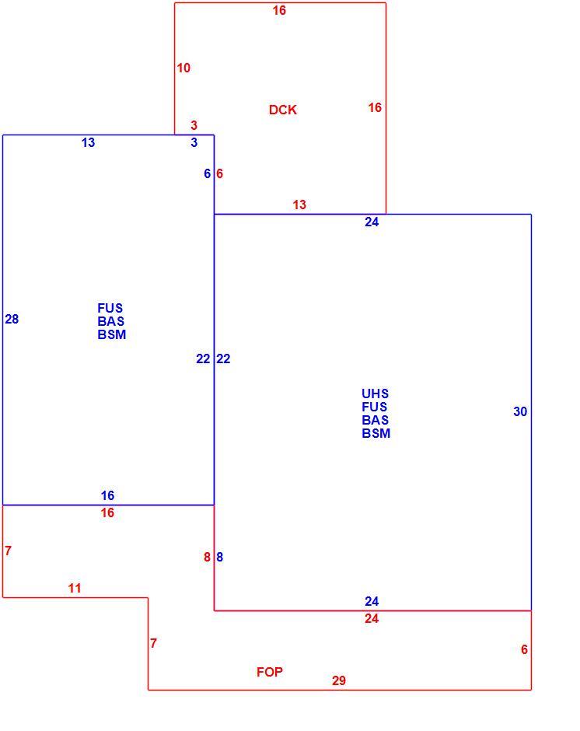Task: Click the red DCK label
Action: click(x=282, y=110)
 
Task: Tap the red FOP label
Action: click(x=270, y=672)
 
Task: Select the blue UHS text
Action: click(x=375, y=393)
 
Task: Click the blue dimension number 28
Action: click(x=12, y=319)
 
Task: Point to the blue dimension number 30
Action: click(x=520, y=411)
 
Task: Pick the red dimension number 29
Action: click(x=339, y=680)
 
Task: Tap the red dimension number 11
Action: click(x=75, y=589)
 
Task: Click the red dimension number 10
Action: click(x=183, y=68)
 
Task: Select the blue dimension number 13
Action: click(x=88, y=142)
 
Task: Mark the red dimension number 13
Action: click(x=299, y=205)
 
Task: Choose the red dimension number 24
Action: click(x=372, y=619)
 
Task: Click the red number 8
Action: click(x=207, y=557)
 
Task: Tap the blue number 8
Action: click(x=219, y=557)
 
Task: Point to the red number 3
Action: click(x=194, y=125)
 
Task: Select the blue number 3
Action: click(x=194, y=142)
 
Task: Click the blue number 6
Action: click(x=208, y=173)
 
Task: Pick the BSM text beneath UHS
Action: click(x=376, y=433)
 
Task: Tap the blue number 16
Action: click(x=108, y=495)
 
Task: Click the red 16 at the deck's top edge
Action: click(x=279, y=10)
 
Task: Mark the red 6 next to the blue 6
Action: click(x=219, y=173)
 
